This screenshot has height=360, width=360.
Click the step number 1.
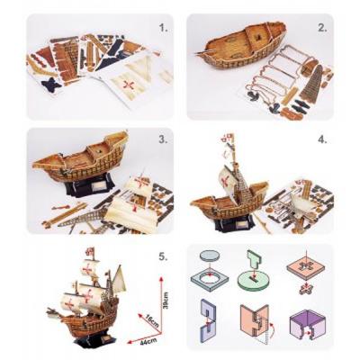[x=163, y=28]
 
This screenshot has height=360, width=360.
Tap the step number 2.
[x=322, y=28]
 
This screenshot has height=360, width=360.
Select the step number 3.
[x=163, y=139]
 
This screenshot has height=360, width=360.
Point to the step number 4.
[x=322, y=139]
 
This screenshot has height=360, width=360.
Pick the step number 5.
[x=163, y=256]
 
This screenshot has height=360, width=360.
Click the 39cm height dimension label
[x=166, y=301]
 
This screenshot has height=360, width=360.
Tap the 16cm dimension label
[x=152, y=320]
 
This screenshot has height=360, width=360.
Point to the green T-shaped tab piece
[x=254, y=259]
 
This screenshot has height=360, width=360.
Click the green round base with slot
[x=254, y=281]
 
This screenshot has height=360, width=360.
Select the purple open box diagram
[x=304, y=325]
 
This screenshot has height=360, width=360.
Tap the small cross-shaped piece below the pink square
[x=306, y=291]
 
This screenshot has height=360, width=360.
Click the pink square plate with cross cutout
[x=306, y=268]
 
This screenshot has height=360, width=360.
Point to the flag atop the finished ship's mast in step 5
[x=90, y=252]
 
